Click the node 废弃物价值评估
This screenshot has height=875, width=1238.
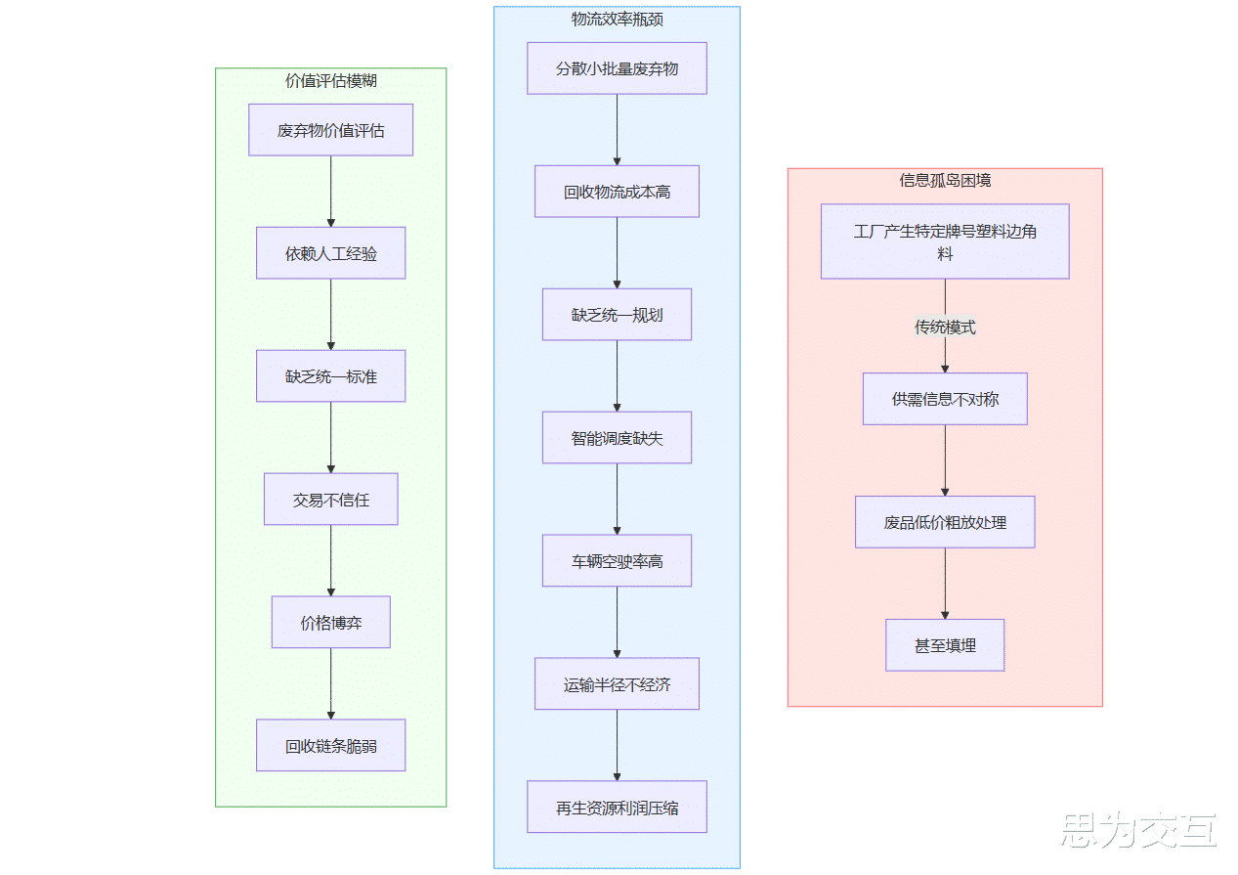click(x=330, y=130)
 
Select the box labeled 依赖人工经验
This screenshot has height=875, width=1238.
click(x=330, y=253)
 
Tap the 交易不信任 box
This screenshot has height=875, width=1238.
click(x=330, y=500)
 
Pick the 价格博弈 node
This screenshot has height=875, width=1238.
click(x=330, y=622)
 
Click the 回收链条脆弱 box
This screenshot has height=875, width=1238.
click(x=330, y=745)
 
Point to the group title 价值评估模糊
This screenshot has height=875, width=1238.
click(x=330, y=81)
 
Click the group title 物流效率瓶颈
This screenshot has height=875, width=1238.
click(x=617, y=20)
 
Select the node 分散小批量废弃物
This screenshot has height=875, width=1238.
click(x=617, y=68)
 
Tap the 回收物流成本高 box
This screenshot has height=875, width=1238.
click(x=617, y=192)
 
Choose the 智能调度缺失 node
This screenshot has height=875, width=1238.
click(x=617, y=438)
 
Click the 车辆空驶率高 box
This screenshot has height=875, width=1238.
click(x=617, y=561)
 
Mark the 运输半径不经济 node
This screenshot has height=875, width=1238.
click(x=617, y=683)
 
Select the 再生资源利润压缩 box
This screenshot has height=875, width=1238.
click(x=617, y=807)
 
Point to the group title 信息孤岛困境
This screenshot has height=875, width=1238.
click(x=945, y=181)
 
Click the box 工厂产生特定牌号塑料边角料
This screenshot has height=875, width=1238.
click(x=945, y=241)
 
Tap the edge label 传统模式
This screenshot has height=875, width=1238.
click(x=945, y=328)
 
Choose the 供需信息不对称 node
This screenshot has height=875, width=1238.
click(x=945, y=399)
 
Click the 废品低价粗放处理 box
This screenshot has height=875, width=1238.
click(x=945, y=522)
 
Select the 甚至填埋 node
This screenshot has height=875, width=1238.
click(x=945, y=645)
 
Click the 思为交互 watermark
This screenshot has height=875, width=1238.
click(x=1138, y=830)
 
